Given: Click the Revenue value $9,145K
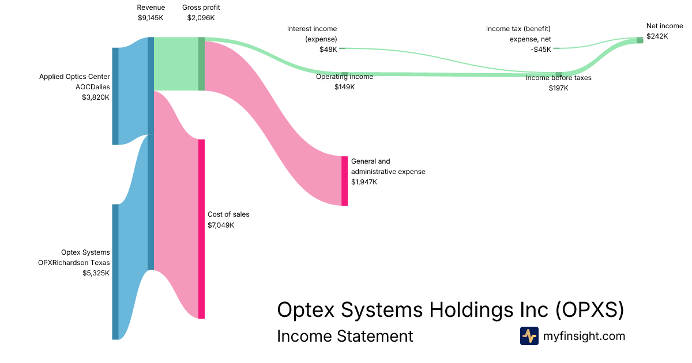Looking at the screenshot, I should pos(151,18).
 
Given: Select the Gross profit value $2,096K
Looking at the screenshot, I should pos(201,18).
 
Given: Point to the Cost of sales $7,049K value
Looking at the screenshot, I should pos(221,225).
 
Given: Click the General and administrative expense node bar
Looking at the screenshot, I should pos(344,180).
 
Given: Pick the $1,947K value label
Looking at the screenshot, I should pos(364,182).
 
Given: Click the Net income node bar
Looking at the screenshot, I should pos(640,40).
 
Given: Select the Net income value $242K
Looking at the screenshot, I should pos(657,36).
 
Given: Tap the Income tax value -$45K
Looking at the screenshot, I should pos(541,50).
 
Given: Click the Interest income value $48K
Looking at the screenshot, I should pos(328,50).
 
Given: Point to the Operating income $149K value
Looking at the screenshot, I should pos(345,87).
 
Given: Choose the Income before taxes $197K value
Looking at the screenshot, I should pos(558,88).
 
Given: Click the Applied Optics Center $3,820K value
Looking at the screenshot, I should pos(96,97).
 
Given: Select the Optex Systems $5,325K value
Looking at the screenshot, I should pos(96,273).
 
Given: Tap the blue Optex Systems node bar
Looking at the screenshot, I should pos(115,271).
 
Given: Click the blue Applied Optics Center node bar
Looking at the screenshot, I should pos(115,96).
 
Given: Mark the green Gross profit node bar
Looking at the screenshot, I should pos(201,64).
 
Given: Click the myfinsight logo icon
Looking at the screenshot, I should pos(529,336).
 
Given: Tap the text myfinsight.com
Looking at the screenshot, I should pos(584,336).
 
